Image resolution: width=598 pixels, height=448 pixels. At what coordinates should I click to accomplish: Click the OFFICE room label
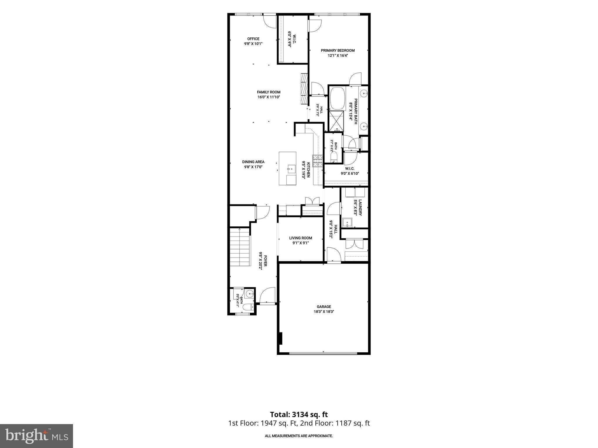pyautogui.click(x=253, y=39)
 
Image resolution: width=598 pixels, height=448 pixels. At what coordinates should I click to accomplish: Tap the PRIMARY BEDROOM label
pyautogui.click(x=338, y=50)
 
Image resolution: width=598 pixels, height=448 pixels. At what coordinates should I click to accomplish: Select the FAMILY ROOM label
pyautogui.click(x=269, y=92)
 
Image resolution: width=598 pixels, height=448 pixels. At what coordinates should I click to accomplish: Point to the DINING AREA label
pyautogui.click(x=253, y=162)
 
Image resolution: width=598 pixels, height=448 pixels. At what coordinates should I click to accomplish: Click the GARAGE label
pyautogui.click(x=324, y=307)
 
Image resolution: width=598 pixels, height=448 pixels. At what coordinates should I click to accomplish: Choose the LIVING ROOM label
pyautogui.click(x=300, y=238)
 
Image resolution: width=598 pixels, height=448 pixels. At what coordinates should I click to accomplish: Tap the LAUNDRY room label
pyautogui.click(x=360, y=207)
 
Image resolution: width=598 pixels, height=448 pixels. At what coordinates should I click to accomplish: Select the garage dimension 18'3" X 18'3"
pyautogui.click(x=324, y=311)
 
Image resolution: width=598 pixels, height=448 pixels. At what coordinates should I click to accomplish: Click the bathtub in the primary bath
pyautogui.click(x=337, y=98)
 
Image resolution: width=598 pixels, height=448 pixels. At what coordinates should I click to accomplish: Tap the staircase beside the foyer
pyautogui.click(x=240, y=247)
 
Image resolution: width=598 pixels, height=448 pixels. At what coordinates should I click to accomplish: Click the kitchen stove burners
pyautogui.click(x=318, y=161)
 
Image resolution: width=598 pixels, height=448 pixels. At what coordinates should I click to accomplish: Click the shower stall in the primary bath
pyautogui.click(x=337, y=121)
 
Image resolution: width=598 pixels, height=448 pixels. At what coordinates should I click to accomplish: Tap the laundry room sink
pyautogui.click(x=347, y=222)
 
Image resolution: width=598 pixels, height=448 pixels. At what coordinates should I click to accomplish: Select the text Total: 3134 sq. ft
pyautogui.click(x=299, y=414)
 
